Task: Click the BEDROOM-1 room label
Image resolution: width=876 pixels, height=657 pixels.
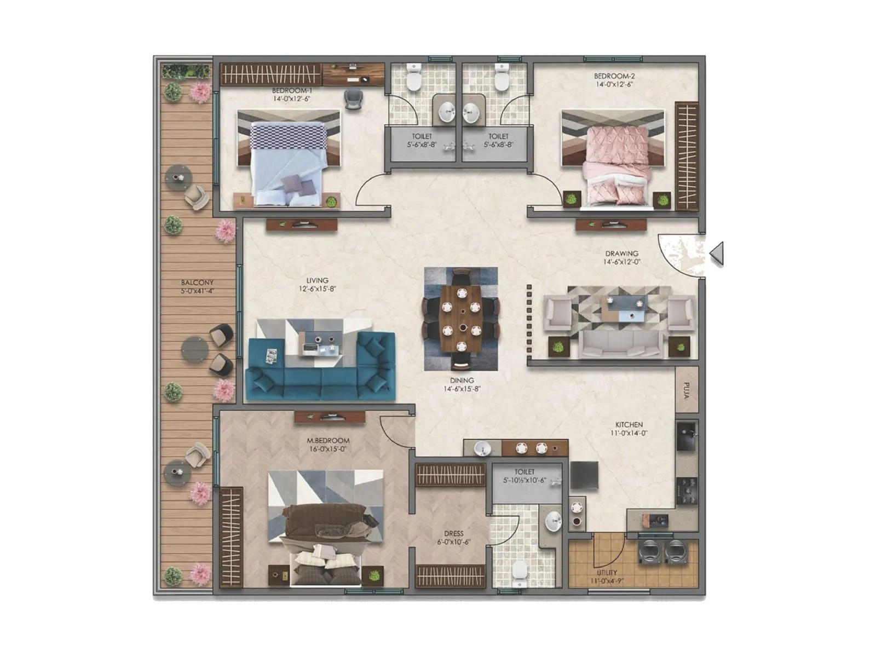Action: pos(292,90)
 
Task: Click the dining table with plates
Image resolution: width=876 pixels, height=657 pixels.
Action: pos(461,319)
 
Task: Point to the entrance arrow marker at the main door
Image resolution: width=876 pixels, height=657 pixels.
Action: pos(717,254)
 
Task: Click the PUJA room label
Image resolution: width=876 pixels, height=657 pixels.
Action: pos(687,390)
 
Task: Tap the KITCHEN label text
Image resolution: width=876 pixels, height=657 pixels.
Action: pos(629,424)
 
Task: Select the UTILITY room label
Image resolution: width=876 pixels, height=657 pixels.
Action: pos(607,573)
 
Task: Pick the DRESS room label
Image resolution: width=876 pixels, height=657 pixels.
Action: pos(453,533)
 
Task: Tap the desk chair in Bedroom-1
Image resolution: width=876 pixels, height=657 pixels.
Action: pos(352,99)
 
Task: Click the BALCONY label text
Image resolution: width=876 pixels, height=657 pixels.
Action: pos(197,283)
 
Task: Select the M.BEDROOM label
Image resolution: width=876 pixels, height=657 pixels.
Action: pos(328,440)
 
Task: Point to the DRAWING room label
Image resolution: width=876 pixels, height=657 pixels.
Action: pos(621,253)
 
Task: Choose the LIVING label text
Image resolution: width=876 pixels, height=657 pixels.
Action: pos(317,280)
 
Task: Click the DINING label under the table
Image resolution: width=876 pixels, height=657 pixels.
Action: pos(462,380)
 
